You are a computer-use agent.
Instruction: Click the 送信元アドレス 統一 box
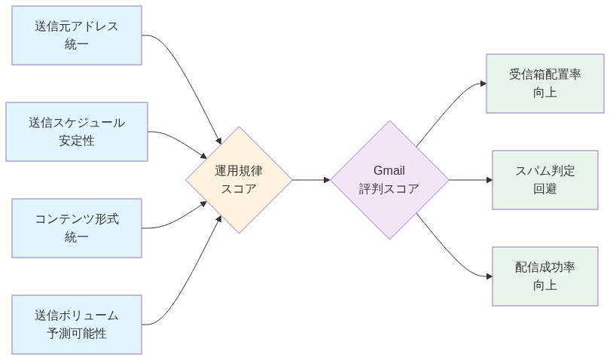(x=77, y=35)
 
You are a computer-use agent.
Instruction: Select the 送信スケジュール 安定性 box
(x=77, y=132)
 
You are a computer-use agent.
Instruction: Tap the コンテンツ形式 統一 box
(x=77, y=228)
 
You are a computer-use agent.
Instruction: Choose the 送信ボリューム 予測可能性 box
(x=77, y=325)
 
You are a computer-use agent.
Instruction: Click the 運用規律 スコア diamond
(x=239, y=180)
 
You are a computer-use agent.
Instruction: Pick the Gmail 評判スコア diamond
(x=389, y=180)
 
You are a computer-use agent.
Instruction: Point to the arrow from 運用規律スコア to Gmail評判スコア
(x=310, y=180)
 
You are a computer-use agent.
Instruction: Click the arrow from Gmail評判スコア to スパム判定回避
(x=470, y=180)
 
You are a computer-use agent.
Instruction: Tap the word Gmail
(x=389, y=171)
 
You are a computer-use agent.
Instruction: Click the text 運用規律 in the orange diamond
(x=239, y=171)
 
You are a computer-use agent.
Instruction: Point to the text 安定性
(x=77, y=141)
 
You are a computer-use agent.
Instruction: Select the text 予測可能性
(x=77, y=334)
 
